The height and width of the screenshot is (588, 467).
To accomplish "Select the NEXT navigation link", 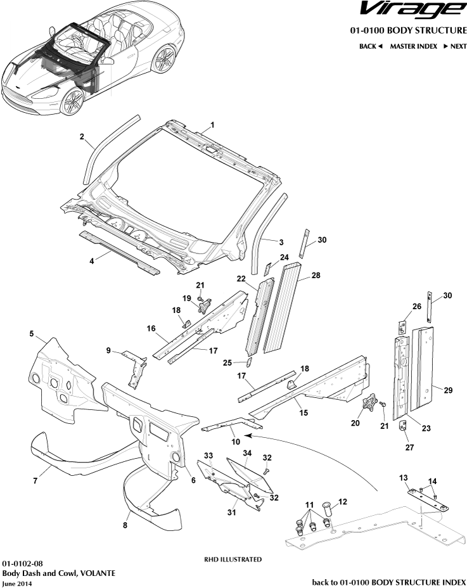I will pyautogui.click(x=455, y=46).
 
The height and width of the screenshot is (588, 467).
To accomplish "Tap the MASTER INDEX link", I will pyautogui.click(x=413, y=46).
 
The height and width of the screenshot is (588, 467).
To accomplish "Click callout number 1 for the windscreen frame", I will pyautogui.click(x=212, y=125).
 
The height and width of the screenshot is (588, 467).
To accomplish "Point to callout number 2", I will pyautogui.click(x=82, y=137).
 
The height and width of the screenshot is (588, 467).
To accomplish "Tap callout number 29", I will pyautogui.click(x=448, y=390).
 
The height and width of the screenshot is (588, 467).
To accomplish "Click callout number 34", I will pyautogui.click(x=247, y=452).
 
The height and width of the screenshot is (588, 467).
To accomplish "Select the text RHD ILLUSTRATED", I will pyautogui.click(x=233, y=559).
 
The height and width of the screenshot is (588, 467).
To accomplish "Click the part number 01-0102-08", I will pyautogui.click(x=23, y=563).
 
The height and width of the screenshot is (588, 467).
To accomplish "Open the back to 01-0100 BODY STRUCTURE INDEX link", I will pyautogui.click(x=389, y=581).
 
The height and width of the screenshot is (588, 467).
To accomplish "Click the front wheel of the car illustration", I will pyautogui.click(x=73, y=102).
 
